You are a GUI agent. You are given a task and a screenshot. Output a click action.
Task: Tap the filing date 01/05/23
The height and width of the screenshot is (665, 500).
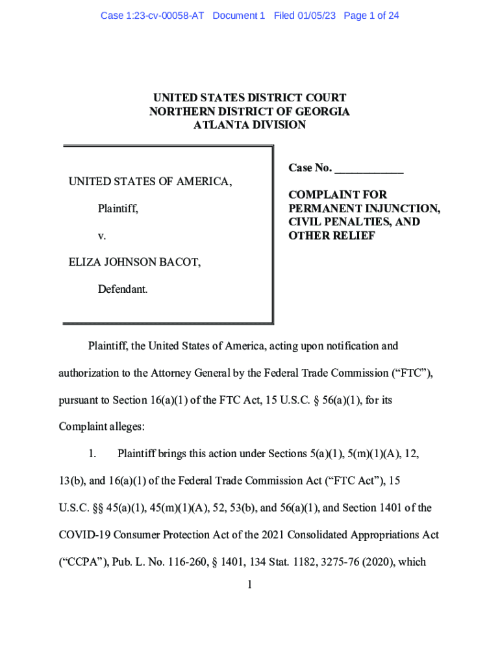tap(314, 16)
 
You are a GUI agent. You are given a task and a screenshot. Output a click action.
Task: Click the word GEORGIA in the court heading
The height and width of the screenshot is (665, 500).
tap(319, 111)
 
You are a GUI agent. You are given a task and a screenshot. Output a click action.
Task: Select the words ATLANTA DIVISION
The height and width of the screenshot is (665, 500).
tap(249, 125)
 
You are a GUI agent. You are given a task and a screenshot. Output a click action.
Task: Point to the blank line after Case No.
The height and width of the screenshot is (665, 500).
tap(369, 169)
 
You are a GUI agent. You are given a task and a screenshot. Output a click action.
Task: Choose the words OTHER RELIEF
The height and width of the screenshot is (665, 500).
tap(332, 236)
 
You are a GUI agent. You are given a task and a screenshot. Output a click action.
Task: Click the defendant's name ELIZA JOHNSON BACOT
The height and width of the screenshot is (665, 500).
tap(134, 262)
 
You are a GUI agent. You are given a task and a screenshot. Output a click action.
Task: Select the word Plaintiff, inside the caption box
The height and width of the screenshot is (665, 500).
tap(118, 209)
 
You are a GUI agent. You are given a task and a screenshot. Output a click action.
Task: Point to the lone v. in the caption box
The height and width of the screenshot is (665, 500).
tap(102, 236)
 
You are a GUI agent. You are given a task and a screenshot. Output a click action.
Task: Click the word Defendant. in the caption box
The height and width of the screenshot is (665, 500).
tap(123, 290)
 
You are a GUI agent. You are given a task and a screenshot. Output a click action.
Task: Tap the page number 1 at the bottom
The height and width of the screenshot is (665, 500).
tap(249, 585)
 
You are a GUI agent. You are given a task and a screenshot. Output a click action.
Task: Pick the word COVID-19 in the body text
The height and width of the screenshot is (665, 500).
tap(82, 535)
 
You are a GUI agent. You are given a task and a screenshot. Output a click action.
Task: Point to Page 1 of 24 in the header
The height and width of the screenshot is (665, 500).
tap(371, 16)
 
